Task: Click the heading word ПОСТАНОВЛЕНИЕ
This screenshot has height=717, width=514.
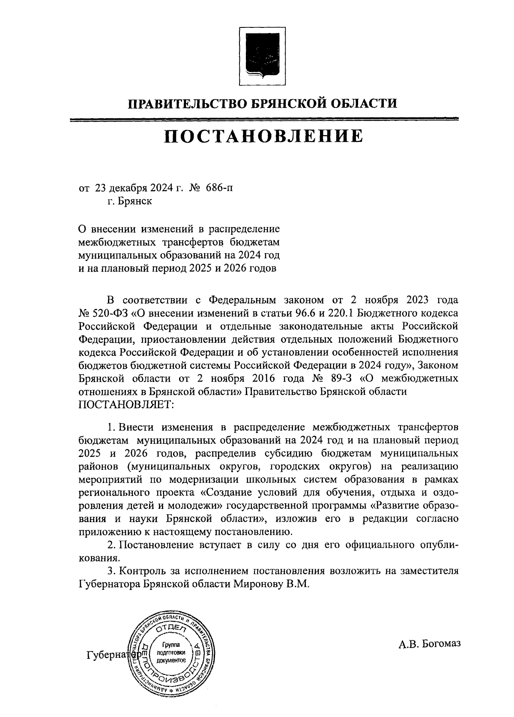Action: pyautogui.click(x=263, y=136)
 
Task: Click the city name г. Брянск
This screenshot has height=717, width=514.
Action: pyautogui.click(x=130, y=201)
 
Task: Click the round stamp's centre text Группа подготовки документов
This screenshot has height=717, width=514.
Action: pyautogui.click(x=171, y=653)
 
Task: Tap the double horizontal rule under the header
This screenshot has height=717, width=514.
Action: pyautogui.click(x=263, y=119)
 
